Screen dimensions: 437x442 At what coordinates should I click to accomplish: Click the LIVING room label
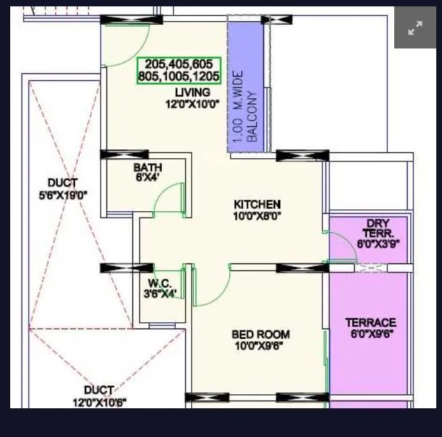tap(192, 93)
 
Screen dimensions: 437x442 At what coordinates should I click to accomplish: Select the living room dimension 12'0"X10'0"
tap(192, 104)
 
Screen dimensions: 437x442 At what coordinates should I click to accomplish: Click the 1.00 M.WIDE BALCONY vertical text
tap(245, 115)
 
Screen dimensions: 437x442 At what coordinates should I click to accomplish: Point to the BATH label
tap(147, 168)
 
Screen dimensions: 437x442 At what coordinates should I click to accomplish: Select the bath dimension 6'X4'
tap(147, 178)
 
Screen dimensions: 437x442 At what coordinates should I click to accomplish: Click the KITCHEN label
tap(257, 204)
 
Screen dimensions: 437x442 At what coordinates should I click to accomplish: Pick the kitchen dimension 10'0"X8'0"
tap(257, 216)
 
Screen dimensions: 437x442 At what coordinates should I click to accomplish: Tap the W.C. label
tap(159, 283)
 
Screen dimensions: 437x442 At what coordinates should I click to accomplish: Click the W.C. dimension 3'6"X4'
tap(160, 293)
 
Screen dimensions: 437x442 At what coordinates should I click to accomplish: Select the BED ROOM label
tap(260, 334)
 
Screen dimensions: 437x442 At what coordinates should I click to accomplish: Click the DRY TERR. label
tap(378, 228)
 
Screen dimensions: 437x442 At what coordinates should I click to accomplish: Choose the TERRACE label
tap(371, 323)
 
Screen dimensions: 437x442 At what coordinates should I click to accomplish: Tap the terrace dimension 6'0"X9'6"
tap(371, 334)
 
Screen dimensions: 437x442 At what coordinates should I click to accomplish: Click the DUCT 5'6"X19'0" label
tap(62, 189)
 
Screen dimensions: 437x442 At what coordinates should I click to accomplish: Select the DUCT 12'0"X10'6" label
tap(99, 396)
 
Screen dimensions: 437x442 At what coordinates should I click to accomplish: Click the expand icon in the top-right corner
tap(415, 27)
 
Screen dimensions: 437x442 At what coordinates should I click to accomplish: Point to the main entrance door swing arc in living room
tap(131, 51)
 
